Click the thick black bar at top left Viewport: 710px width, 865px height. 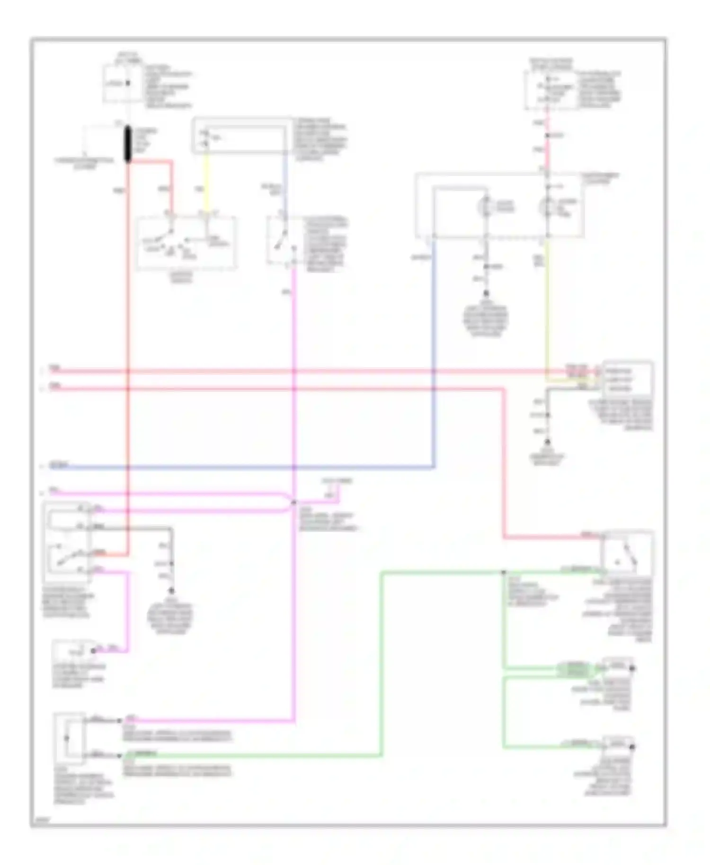coord(128,144)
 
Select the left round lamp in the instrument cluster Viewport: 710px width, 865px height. coord(486,207)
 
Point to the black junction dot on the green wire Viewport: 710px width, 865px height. coord(504,573)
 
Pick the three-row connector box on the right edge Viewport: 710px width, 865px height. coord(627,379)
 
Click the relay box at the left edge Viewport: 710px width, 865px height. coord(66,542)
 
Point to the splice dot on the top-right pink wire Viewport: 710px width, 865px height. coord(547,136)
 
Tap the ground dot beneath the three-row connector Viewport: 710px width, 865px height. coord(548,441)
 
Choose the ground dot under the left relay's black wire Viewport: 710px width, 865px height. coord(171,591)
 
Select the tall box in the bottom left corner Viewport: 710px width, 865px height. coord(70,738)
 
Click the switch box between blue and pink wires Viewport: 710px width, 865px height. coord(283,240)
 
